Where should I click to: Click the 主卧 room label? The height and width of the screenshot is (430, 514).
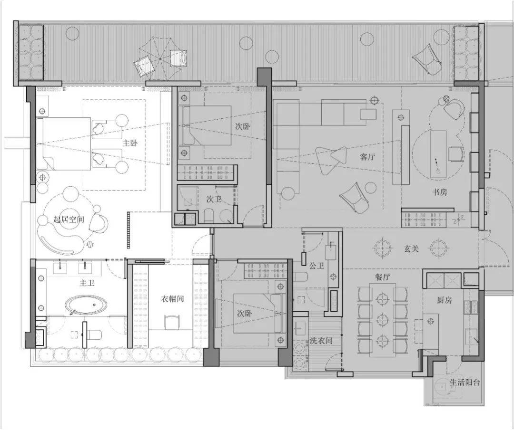(130, 143)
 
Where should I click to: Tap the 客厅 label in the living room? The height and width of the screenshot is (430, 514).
(367, 157)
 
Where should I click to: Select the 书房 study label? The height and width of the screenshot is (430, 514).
(440, 192)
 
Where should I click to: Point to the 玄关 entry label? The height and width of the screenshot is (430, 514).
(411, 248)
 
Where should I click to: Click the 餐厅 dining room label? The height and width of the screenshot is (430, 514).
(383, 277)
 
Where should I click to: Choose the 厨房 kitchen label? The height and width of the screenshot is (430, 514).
(445, 300)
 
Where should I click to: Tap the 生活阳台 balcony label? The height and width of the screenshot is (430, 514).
(465, 382)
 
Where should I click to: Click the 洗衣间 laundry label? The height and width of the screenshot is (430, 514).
(321, 340)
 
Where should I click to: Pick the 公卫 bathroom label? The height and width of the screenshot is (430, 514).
(316, 266)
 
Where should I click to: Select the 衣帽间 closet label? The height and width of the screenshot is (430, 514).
(172, 299)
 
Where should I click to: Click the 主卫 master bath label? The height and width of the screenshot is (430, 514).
(87, 283)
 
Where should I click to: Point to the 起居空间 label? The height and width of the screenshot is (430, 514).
(69, 219)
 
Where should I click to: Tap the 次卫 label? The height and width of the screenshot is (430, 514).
(214, 199)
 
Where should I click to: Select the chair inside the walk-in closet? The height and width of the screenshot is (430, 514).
(172, 322)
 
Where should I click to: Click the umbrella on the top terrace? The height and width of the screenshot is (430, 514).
(160, 58)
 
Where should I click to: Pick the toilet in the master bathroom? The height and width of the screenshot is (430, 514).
(95, 335)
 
